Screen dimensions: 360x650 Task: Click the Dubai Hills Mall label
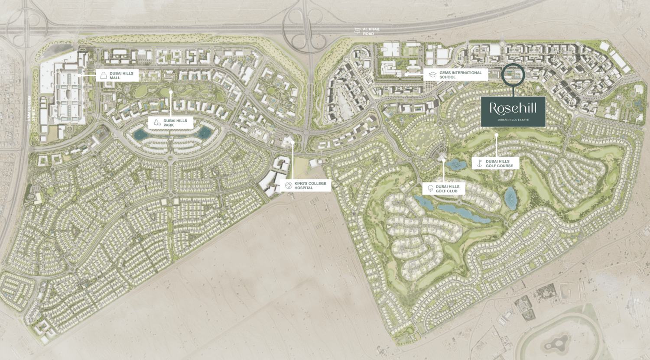121,75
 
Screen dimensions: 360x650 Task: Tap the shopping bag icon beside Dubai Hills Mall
104,76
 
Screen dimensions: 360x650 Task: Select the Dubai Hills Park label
175,123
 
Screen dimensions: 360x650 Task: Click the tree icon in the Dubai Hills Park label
157,123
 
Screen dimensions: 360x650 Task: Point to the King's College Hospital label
310,185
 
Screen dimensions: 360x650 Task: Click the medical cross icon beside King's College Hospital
289,185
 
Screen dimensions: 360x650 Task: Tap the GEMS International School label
460,75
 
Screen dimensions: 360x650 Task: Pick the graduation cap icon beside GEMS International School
432,75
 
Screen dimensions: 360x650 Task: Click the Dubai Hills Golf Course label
499,163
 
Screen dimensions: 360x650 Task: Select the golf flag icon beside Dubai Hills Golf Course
479,163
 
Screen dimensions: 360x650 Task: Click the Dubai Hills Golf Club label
447,189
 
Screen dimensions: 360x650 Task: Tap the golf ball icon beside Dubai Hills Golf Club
430,188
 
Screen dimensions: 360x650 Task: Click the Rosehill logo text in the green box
513,108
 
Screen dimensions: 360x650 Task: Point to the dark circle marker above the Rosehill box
513,75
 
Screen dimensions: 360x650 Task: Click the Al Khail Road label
371,31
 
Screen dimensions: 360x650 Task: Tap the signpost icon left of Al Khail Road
357,31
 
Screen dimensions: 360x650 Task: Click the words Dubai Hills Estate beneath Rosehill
513,120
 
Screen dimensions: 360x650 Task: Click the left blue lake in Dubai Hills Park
140,134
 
